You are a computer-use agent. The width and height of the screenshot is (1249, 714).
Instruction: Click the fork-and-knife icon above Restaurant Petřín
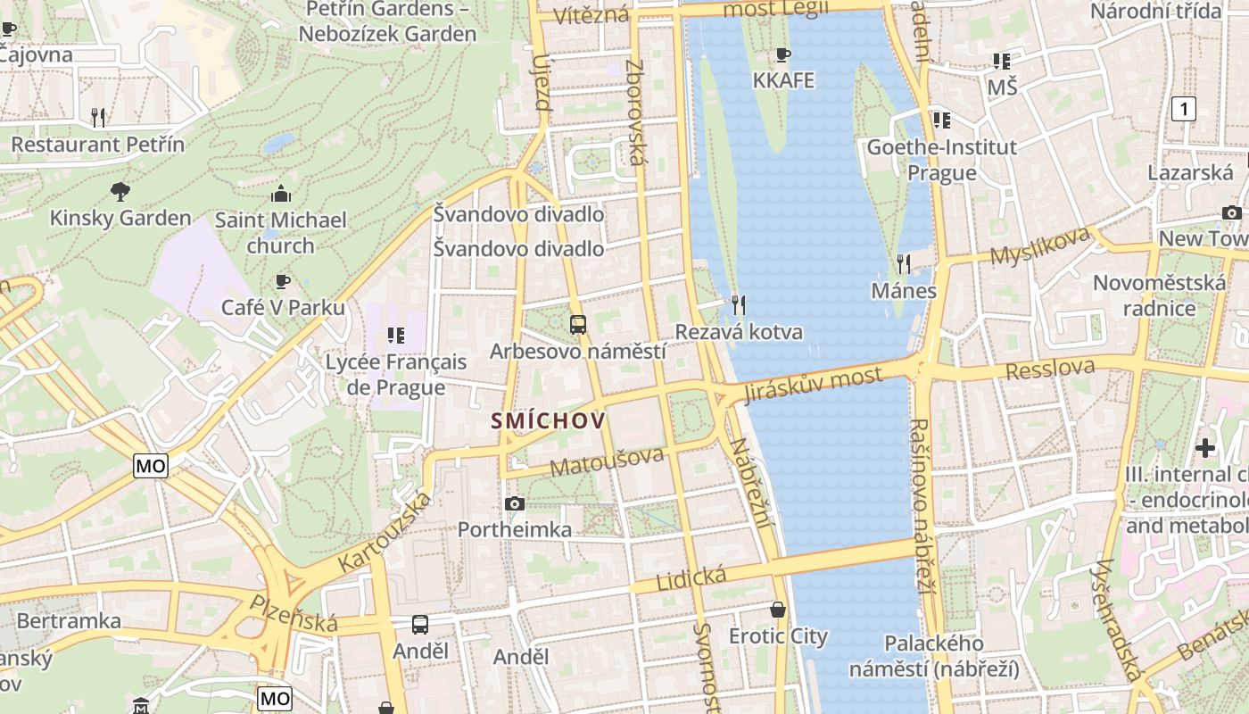pos(98,116)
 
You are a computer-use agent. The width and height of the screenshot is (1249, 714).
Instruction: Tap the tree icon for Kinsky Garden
pos(120,191)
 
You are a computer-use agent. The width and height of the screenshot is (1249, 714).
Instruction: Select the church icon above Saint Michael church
pos(281,194)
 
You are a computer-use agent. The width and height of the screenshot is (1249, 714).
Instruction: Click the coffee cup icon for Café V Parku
pos(283,282)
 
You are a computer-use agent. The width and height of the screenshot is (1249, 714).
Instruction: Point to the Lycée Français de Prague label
pos(396,375)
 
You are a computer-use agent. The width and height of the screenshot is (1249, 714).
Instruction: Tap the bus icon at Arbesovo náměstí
pos(577,325)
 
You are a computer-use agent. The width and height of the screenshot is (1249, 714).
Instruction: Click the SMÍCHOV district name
pos(548,420)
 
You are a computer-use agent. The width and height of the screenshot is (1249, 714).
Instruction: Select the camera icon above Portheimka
pos(514,504)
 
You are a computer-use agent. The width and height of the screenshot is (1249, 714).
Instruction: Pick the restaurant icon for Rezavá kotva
pos(738,305)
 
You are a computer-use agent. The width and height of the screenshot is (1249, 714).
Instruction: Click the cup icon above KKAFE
pos(783,55)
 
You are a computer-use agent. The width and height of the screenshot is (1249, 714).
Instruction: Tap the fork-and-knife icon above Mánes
pos(904,264)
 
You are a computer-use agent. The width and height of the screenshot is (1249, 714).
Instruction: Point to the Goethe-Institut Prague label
pos(942,159)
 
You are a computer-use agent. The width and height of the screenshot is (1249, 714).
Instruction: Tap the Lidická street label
pos(691,577)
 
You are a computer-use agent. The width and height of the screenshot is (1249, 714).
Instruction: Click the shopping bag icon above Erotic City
pos(779,610)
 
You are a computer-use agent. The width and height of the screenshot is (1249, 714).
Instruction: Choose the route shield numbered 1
pos(1183,110)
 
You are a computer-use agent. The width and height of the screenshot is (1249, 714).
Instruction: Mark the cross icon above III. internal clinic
pos(1205,447)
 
